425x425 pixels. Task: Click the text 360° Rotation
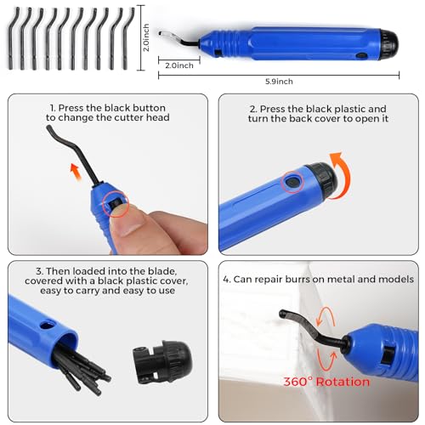326,382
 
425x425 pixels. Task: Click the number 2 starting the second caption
251,109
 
